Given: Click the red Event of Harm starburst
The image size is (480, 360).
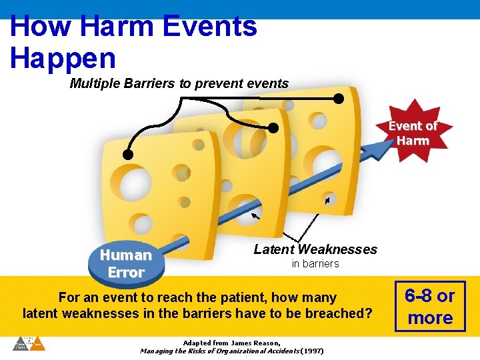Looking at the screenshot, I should pos(413,133).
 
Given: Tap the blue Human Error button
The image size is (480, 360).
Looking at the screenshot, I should pos(125,263).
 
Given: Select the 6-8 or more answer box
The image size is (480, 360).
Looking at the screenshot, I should pos(430,307).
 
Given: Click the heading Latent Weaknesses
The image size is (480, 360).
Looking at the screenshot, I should pos(315,249).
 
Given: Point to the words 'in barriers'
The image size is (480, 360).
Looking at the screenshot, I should pos(315,264).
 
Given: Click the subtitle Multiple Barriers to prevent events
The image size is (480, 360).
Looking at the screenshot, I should pos(179,83).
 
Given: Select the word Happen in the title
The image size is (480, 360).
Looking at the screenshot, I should pos(63,58).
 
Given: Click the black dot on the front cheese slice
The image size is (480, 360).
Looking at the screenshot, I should pos(127,155).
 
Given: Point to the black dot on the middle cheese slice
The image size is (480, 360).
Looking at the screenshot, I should pos(273,128).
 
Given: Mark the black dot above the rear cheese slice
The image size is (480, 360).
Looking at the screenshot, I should pos(339,99).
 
